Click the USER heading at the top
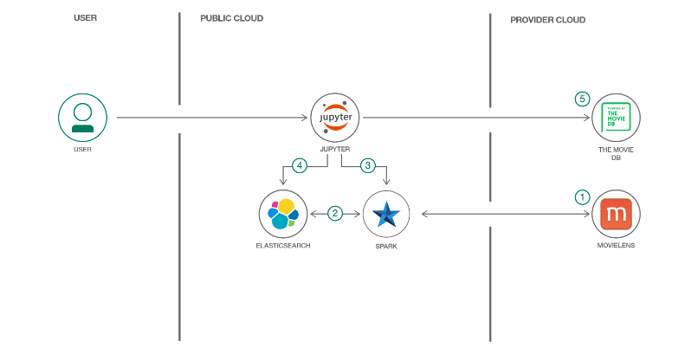pyautogui.click(x=85, y=18)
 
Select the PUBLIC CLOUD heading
pyautogui.click(x=231, y=18)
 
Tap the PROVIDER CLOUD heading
pyautogui.click(x=547, y=19)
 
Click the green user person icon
pyautogui.click(x=82, y=118)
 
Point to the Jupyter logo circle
pyautogui.click(x=334, y=117)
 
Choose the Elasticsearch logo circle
pyautogui.click(x=283, y=214)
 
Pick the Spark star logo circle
pyautogui.click(x=385, y=214)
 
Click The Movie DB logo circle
pyautogui.click(x=616, y=117)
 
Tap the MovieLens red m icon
pyautogui.click(x=616, y=214)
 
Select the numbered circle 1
pyautogui.click(x=582, y=196)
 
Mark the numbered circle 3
pyautogui.click(x=367, y=164)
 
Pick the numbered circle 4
pyautogui.click(x=300, y=164)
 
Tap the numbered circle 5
pyautogui.click(x=582, y=100)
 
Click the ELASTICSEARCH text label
pyautogui.click(x=283, y=246)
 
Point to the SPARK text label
pyautogui.click(x=385, y=246)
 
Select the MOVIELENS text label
pyautogui.click(x=616, y=246)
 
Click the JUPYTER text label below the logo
pyautogui.click(x=334, y=149)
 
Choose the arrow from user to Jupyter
pyautogui.click(x=212, y=118)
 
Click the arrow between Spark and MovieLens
pyautogui.click(x=500, y=214)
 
